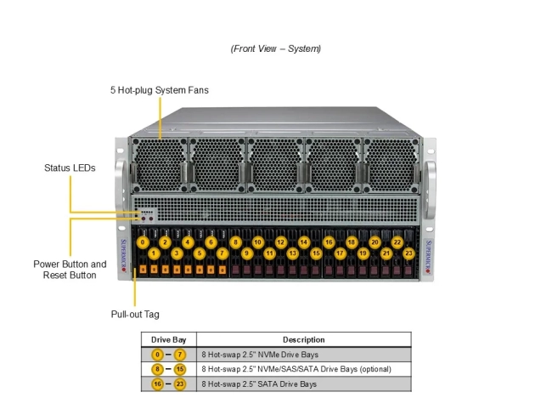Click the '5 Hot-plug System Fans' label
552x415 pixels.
pos(159,89)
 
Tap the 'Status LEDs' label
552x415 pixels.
pos(70,168)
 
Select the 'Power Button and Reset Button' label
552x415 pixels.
pos(70,270)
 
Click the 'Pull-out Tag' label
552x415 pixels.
pos(134,314)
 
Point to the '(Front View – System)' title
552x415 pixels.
pos(276,48)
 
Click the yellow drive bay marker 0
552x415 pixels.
pos(143,242)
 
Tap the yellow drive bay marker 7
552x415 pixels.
pos(222,253)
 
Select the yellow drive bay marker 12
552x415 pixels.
pos(280,242)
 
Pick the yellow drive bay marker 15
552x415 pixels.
pos(315,253)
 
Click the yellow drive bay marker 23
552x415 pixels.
pos(408,253)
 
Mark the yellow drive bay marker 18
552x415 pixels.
pos(351,242)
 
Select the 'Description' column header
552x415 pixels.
pos(303,339)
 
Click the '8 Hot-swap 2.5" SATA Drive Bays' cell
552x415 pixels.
pos(258,384)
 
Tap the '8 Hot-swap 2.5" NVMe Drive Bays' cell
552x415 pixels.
pos(259,355)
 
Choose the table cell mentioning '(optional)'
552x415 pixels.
pos(296,369)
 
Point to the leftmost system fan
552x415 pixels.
pos(158,167)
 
